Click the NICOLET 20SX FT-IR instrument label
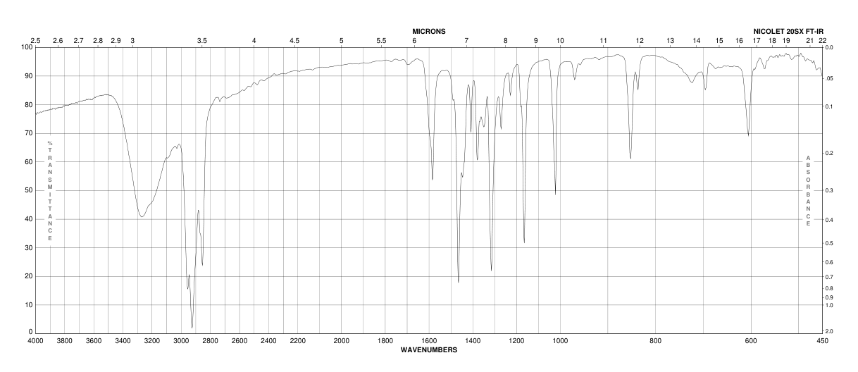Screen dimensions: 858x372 tap(788, 32)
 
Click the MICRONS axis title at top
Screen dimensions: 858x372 tap(428, 32)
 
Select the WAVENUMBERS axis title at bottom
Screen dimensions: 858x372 tap(428, 349)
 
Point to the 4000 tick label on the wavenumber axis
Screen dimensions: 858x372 tap(35, 341)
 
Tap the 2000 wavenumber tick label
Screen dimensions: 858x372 tap(341, 341)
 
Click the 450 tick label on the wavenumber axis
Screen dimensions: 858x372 tap(822, 341)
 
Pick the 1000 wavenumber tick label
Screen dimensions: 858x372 tap(561, 341)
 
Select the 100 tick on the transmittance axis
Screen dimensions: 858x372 tap(27, 47)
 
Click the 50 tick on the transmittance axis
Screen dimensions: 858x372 tap(29, 190)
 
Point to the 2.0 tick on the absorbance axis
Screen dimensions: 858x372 tap(830, 331)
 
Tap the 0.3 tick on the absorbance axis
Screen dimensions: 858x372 tap(830, 190)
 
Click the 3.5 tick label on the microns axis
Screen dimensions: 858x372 tap(202, 41)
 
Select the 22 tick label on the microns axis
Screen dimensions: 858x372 tap(822, 41)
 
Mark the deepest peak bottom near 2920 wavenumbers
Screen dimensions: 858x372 tap(192, 328)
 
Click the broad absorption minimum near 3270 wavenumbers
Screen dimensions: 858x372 tap(142, 217)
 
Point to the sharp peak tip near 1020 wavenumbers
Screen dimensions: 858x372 tap(555, 194)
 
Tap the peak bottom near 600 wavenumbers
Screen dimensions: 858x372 tap(748, 135)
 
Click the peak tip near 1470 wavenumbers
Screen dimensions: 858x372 tap(458, 282)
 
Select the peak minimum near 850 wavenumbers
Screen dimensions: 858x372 tap(630, 159)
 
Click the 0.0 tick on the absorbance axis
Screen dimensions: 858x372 tap(830, 47)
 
